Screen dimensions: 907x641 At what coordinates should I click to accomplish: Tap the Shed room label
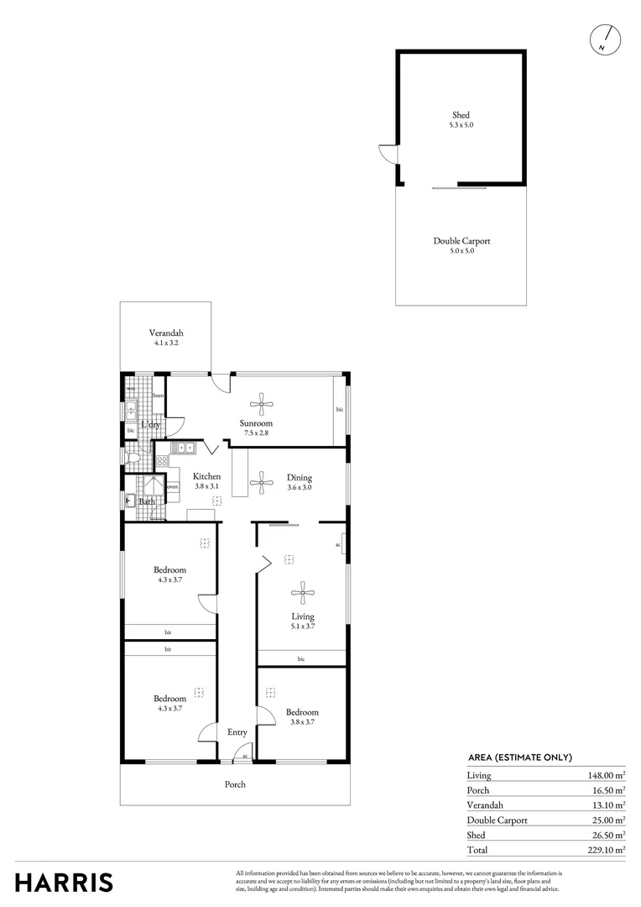[461, 115]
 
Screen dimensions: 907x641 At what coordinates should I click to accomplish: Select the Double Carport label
[461, 241]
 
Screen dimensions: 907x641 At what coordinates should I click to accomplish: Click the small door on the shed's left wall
[388, 155]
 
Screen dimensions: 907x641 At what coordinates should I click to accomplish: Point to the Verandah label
[166, 333]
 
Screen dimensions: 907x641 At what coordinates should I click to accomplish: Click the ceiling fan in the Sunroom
[263, 405]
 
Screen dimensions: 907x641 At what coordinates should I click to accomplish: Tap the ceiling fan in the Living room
[302, 594]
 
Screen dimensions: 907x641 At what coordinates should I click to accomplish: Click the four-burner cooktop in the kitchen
[161, 460]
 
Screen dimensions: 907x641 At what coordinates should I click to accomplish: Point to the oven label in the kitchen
[172, 487]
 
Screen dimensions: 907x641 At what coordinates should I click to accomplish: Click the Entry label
[237, 732]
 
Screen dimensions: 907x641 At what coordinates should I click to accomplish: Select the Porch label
[235, 784]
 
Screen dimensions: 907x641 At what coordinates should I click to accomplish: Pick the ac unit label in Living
[338, 544]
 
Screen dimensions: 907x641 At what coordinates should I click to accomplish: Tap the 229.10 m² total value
[606, 850]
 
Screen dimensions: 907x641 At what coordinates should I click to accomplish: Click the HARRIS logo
[64, 883]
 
